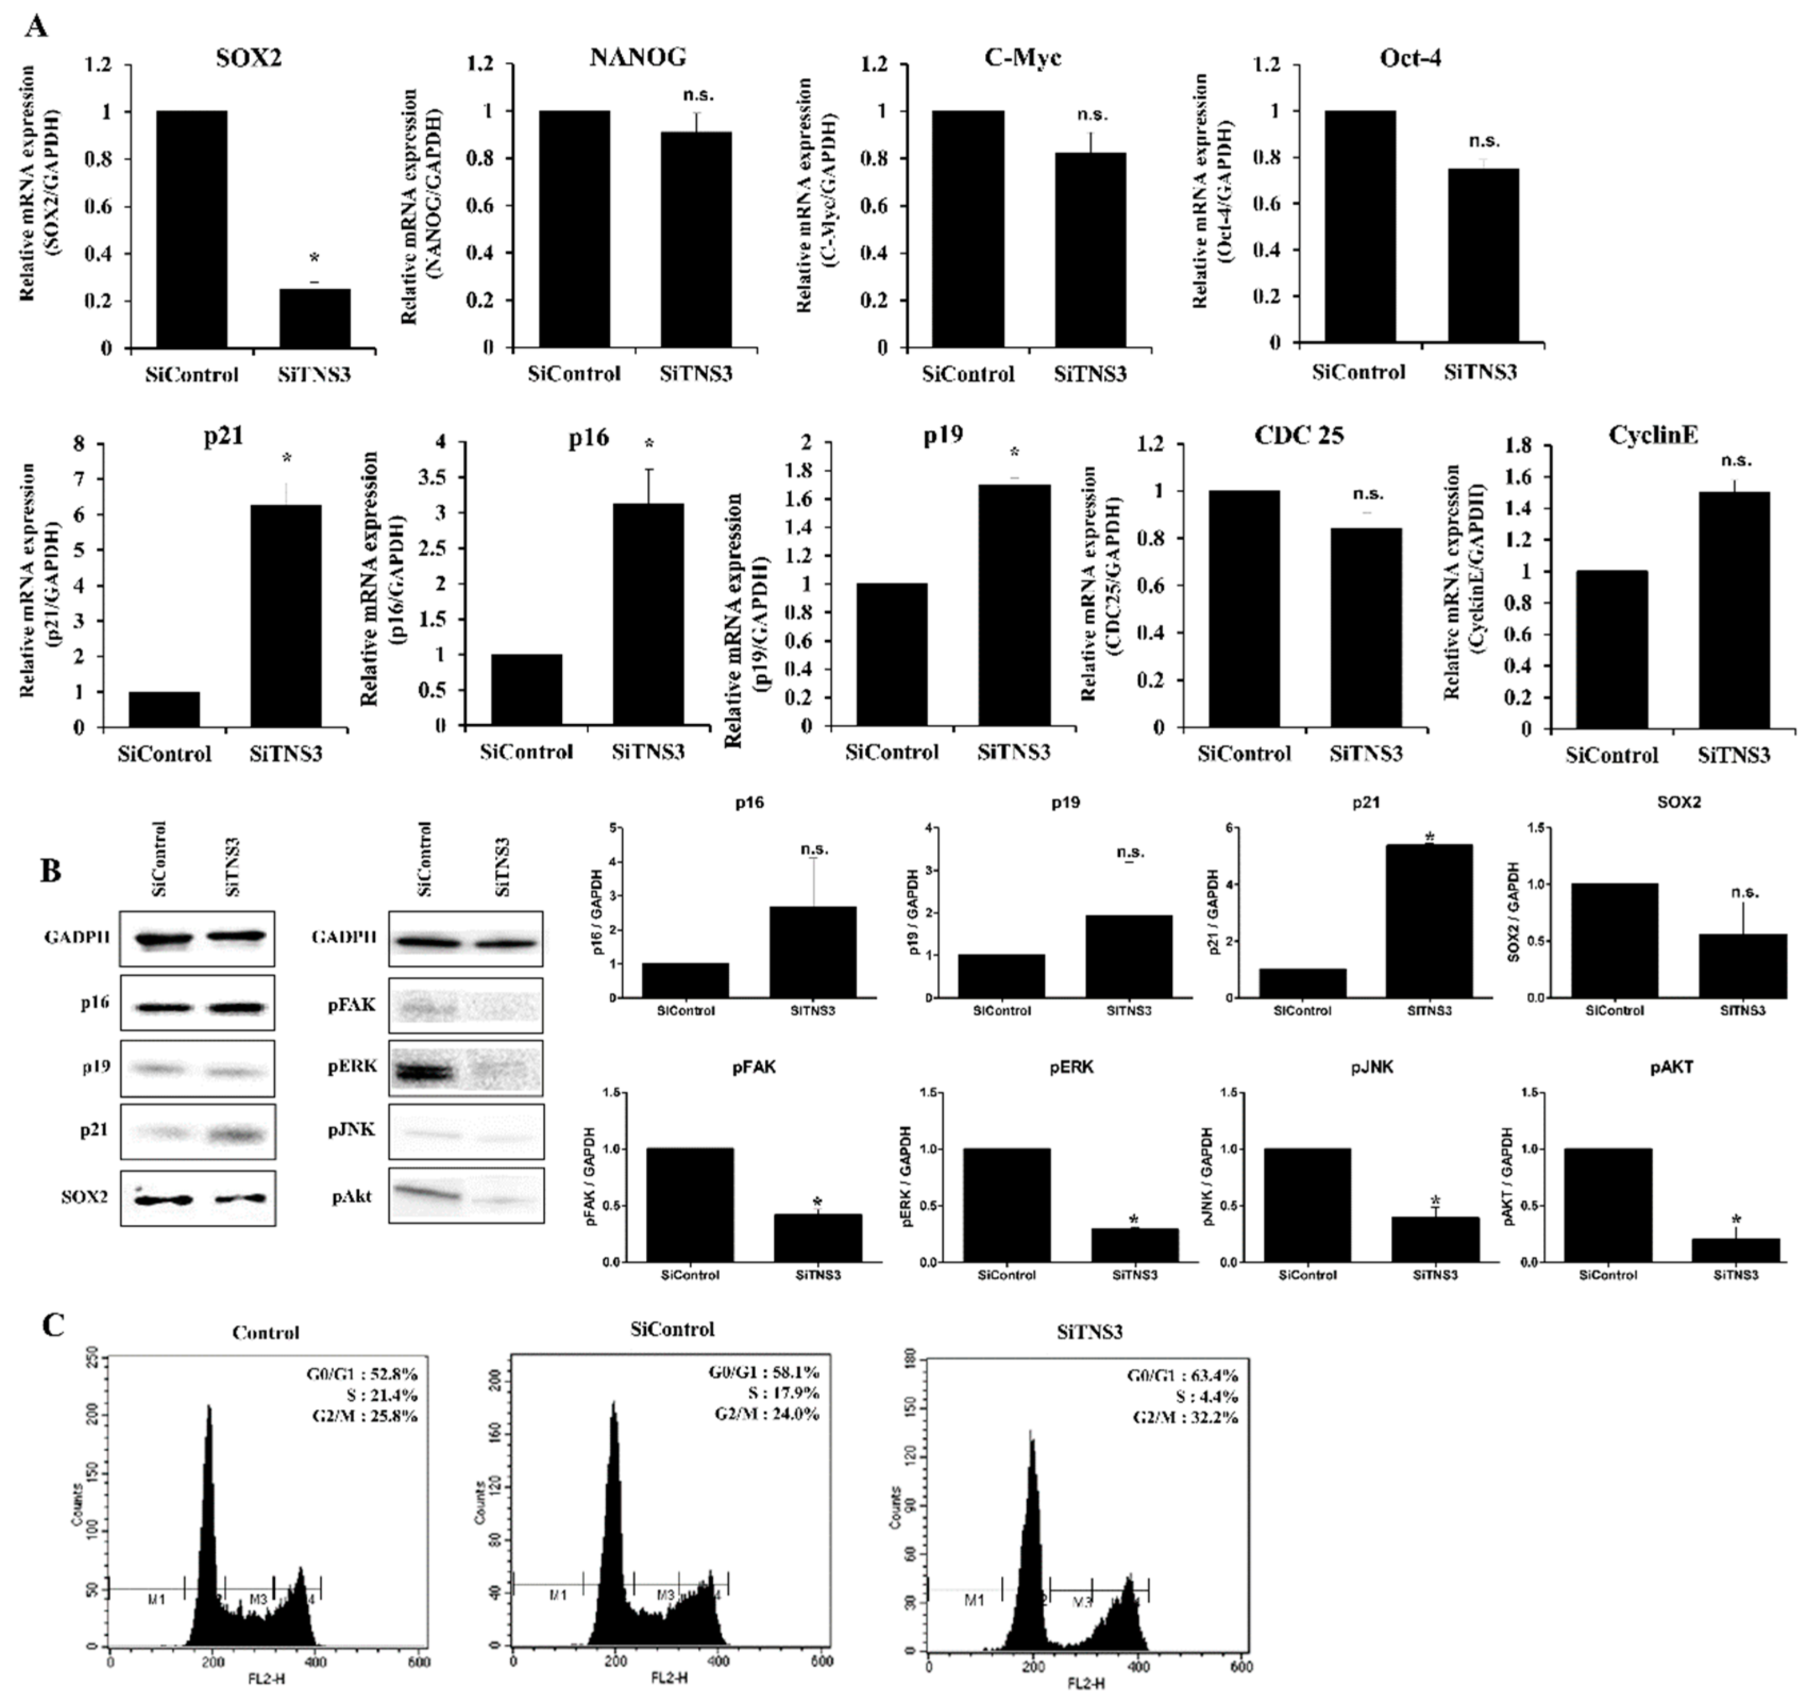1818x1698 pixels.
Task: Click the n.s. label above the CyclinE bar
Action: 1735,461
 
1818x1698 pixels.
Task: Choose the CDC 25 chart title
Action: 1299,436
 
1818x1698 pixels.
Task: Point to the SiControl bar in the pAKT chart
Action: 1606,1205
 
